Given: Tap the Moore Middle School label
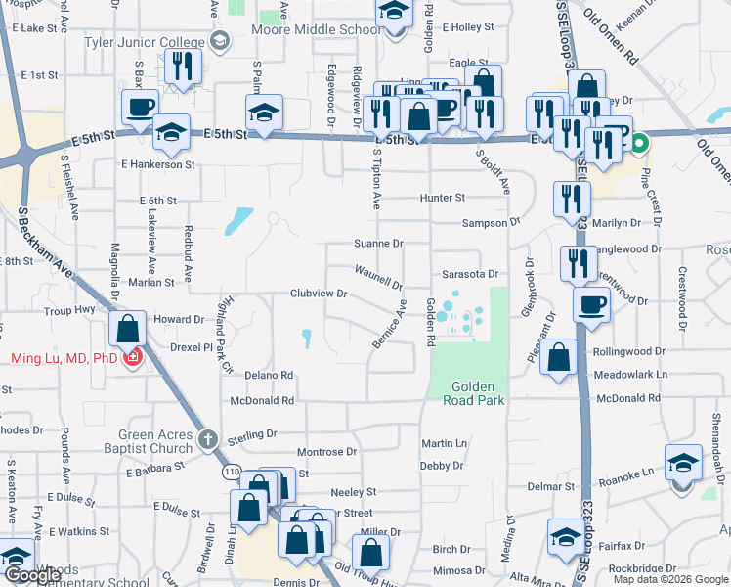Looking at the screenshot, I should [x=318, y=29].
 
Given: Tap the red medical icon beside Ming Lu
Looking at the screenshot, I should [x=133, y=358].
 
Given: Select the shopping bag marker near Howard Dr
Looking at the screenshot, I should [x=128, y=329].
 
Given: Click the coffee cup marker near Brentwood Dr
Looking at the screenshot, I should [x=591, y=304].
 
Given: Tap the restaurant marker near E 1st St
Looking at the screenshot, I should [x=183, y=66].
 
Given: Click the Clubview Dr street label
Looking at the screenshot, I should [x=319, y=293].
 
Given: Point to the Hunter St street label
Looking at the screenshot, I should [x=442, y=198].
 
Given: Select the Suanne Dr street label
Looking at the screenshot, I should [x=377, y=243].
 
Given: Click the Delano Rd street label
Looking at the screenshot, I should [x=269, y=375].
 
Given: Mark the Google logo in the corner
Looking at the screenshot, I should [x=32, y=575].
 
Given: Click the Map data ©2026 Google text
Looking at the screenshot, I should [x=670, y=579].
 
